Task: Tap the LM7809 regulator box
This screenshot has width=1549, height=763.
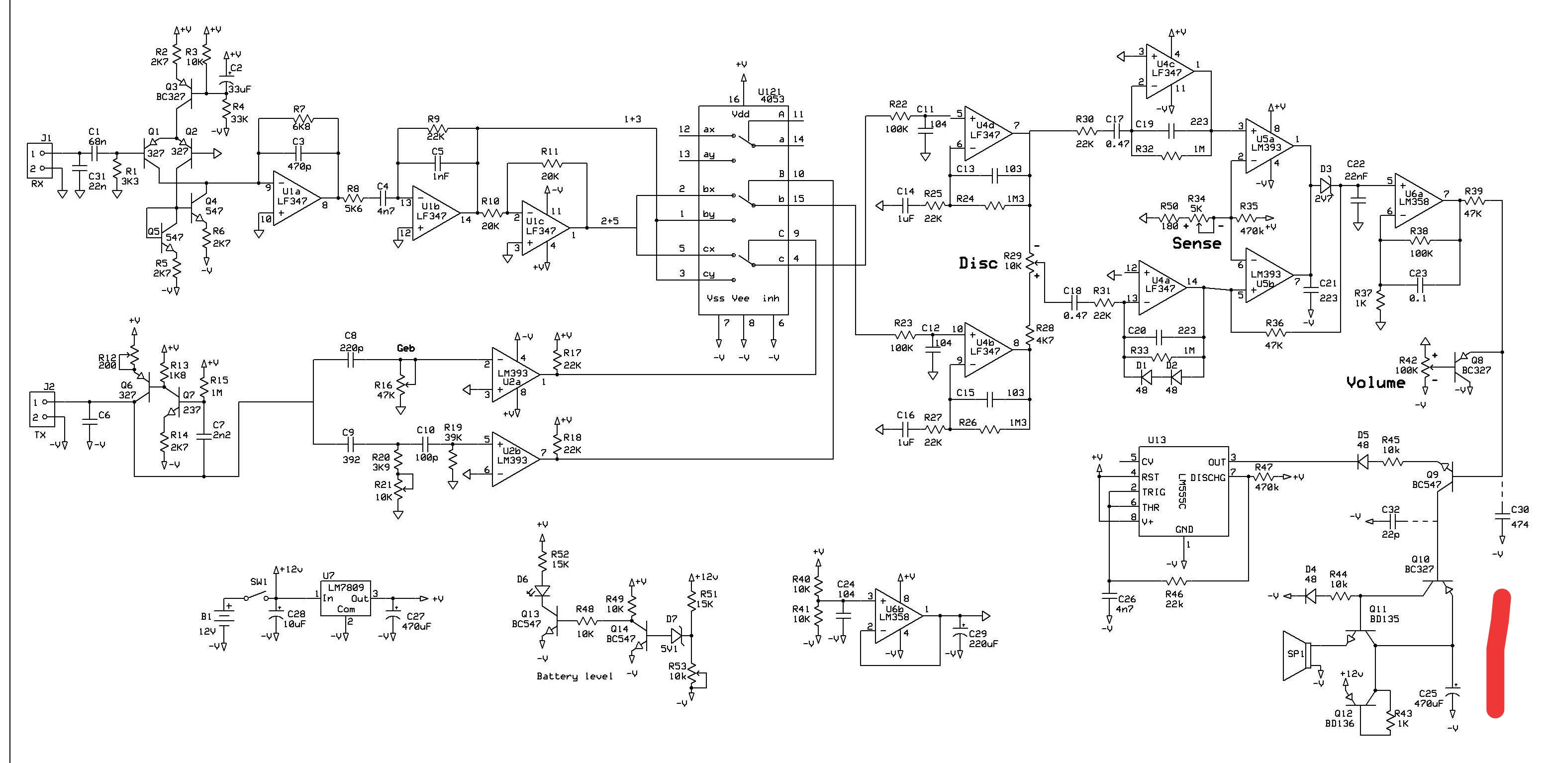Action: click(345, 598)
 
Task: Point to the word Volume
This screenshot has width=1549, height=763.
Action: click(1375, 383)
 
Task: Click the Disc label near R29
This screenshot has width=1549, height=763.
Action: click(978, 263)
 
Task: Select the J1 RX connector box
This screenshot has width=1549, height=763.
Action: click(40, 161)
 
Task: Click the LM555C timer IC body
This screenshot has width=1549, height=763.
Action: click(1183, 491)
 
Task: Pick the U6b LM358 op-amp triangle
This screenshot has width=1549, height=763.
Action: click(895, 616)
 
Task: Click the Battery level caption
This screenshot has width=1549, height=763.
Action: click(574, 676)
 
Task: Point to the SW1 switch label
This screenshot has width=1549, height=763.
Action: click(259, 582)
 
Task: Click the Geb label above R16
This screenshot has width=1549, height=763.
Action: click(406, 348)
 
